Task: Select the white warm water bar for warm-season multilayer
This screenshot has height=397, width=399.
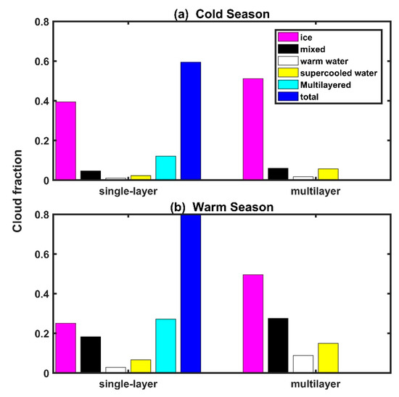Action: click(303, 364)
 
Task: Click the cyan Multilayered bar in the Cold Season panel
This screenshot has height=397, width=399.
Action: click(165, 168)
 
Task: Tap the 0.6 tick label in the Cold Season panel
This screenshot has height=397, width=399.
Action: click(36, 62)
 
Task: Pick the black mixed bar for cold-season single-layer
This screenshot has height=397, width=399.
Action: click(91, 175)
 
